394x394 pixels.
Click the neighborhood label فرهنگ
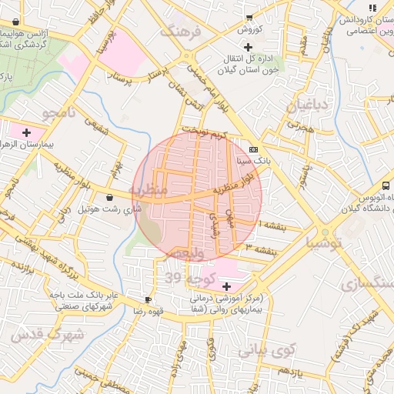[x=182, y=33]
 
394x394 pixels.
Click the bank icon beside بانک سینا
[x=254, y=149]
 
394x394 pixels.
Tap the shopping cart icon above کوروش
[x=249, y=17]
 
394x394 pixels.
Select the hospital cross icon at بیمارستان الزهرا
[x=27, y=132]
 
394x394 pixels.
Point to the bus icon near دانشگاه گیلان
[x=386, y=185]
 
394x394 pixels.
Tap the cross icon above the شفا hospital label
[x=225, y=286]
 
